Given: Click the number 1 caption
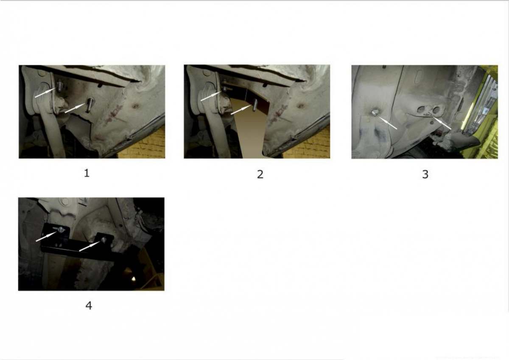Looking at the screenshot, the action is (x=87, y=174).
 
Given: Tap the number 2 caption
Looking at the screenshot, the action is (x=260, y=174).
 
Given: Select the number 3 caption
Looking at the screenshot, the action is (x=425, y=174).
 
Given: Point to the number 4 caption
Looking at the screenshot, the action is (x=89, y=306).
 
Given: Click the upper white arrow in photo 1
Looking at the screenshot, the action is (x=45, y=93).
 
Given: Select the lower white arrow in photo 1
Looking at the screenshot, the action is (x=76, y=108).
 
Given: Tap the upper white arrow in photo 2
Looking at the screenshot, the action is (x=211, y=96).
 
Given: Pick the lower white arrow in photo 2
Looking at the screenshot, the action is (x=241, y=110).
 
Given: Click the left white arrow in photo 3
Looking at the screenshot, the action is (x=387, y=123).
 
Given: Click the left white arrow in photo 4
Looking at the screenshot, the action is (x=46, y=236).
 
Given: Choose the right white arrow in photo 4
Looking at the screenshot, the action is (x=89, y=246).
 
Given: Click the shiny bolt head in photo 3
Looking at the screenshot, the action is (x=374, y=112).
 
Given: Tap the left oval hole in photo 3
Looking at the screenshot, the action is (x=421, y=110).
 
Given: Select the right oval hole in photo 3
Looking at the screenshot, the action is (x=436, y=110).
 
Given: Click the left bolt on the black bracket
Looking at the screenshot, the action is (x=61, y=230).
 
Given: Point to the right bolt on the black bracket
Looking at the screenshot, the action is (x=104, y=239).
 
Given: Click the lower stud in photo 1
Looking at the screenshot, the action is (x=89, y=104).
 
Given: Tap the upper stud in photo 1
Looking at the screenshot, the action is (x=59, y=86).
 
